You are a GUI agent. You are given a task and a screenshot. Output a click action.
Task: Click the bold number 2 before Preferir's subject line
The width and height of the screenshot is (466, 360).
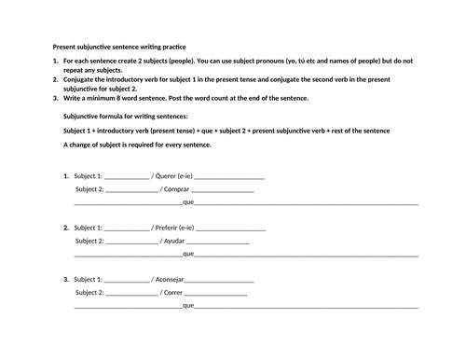[x=65, y=228]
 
